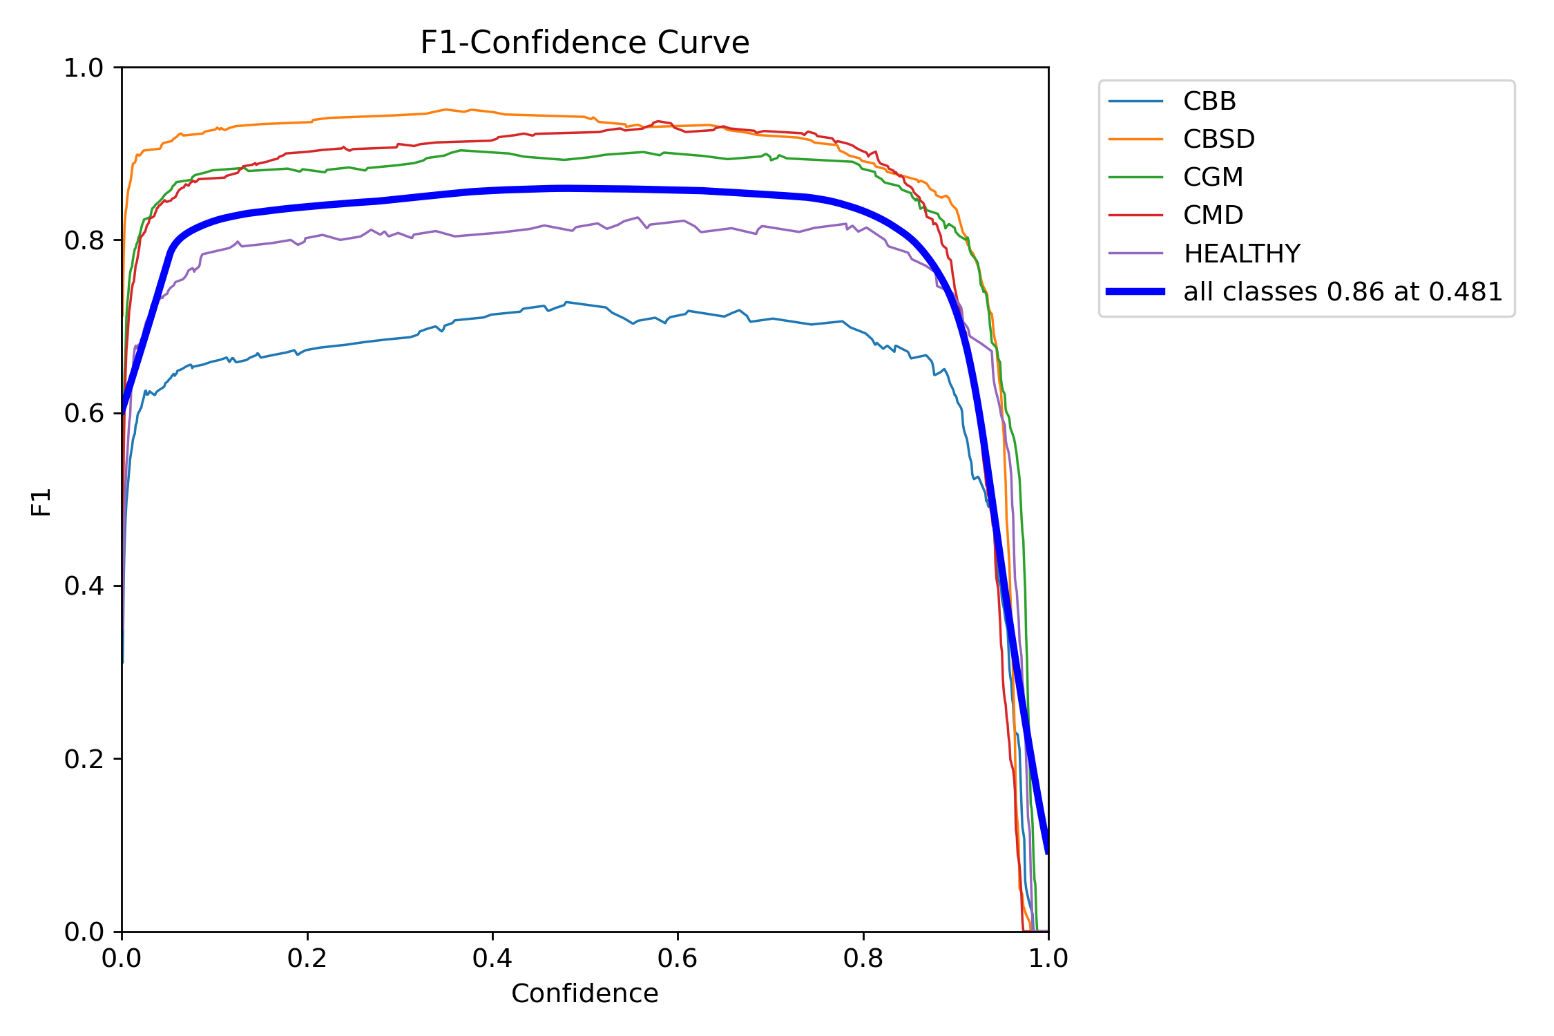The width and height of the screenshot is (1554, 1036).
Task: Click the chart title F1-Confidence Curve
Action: pos(584,43)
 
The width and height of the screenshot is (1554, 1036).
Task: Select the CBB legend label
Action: pos(1209,102)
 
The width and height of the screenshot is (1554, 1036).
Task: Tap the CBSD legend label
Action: pos(1218,140)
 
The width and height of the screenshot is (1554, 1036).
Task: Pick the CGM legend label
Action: pos(1213,178)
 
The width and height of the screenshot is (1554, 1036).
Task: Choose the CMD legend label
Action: pos(1213,215)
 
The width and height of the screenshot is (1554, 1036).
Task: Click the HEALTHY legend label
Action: pos(1241,254)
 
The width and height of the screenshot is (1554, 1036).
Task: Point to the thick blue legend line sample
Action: pos(1135,291)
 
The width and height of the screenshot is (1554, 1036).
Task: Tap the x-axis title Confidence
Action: pos(584,994)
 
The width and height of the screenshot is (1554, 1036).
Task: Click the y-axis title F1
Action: pos(41,502)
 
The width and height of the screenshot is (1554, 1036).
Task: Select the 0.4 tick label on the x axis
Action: pos(492,959)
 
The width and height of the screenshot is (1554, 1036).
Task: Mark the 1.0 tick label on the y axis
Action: pos(84,68)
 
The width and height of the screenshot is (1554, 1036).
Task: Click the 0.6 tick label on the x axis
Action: pos(678,959)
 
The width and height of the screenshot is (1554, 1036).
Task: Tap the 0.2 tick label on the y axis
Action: pos(84,759)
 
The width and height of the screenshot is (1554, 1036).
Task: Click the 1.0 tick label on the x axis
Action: pos(1048,959)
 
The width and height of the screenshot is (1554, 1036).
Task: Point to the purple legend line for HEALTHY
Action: pos(1135,253)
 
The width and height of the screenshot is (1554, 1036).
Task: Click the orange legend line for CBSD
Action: pos(1135,140)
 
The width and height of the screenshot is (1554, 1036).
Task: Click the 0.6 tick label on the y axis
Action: pos(84,413)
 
